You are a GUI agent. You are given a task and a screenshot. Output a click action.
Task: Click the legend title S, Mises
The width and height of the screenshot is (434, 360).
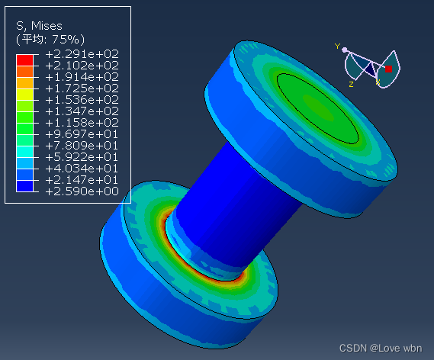coord(39,26)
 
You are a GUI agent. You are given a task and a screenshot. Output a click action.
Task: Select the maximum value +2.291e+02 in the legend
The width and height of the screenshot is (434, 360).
coord(82,54)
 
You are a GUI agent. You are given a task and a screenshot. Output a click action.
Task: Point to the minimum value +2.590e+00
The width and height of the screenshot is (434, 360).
coord(82,191)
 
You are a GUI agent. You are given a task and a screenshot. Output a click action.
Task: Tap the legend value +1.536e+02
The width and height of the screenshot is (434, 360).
coord(82,100)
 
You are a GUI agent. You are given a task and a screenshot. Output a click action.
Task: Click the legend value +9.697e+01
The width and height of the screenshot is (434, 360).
coord(82,134)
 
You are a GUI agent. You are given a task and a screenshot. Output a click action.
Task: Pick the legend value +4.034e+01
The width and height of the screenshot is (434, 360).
coord(82,169)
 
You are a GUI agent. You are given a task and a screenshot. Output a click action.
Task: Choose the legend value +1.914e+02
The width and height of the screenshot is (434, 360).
coord(82,77)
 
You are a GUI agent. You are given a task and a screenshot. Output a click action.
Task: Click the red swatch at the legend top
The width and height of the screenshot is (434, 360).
coord(24,60)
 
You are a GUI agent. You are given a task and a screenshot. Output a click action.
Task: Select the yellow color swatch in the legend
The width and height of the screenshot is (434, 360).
coord(24,95)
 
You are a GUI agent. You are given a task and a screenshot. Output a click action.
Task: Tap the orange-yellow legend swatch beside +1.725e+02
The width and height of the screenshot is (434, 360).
coord(24,83)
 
